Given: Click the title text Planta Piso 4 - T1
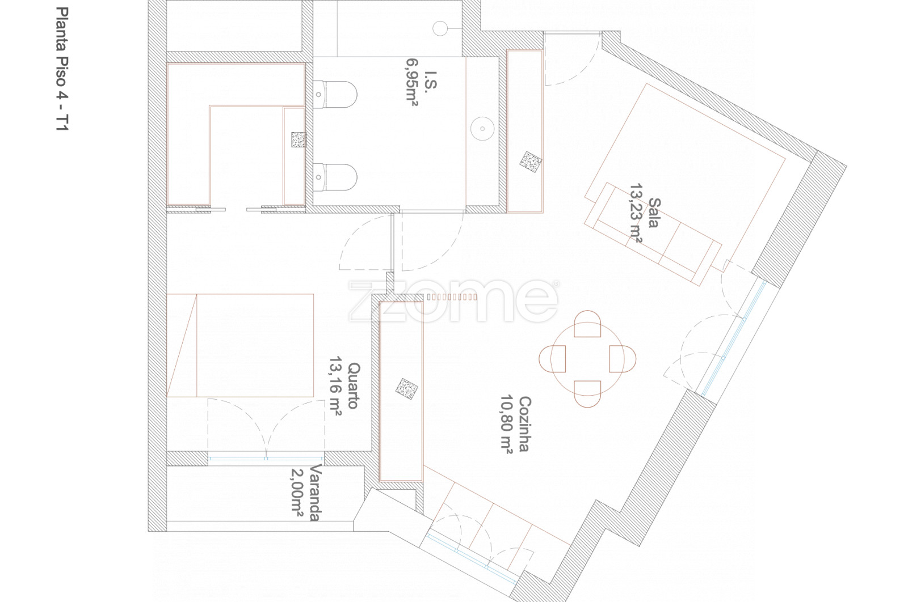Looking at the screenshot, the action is pyautogui.click(x=62, y=69).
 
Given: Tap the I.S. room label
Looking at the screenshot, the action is pyautogui.click(x=431, y=82).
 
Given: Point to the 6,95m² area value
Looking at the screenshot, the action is pyautogui.click(x=412, y=82).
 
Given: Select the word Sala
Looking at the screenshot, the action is pyautogui.click(x=654, y=213).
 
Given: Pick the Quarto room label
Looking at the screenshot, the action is pyautogui.click(x=354, y=386).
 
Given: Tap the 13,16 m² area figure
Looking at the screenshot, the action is pyautogui.click(x=335, y=386).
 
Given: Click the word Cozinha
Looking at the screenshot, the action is pyautogui.click(x=524, y=424).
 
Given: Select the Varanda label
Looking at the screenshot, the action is pyautogui.click(x=316, y=492).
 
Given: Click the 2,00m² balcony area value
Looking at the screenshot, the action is pyautogui.click(x=297, y=492).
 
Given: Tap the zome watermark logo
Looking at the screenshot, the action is pyautogui.click(x=453, y=301).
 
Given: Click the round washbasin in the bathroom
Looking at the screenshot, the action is pyautogui.click(x=482, y=129).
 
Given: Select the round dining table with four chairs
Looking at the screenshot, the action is pyautogui.click(x=587, y=359).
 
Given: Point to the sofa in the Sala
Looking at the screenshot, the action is pyautogui.click(x=653, y=234).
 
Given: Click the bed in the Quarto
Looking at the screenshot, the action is pyautogui.click(x=240, y=345).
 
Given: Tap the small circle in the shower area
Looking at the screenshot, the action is pyautogui.click(x=440, y=28).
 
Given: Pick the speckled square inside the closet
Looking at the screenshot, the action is pyautogui.click(x=299, y=139).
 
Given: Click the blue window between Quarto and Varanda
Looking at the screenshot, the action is pyautogui.click(x=266, y=459).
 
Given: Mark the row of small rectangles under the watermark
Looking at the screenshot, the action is pyautogui.click(x=452, y=297).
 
